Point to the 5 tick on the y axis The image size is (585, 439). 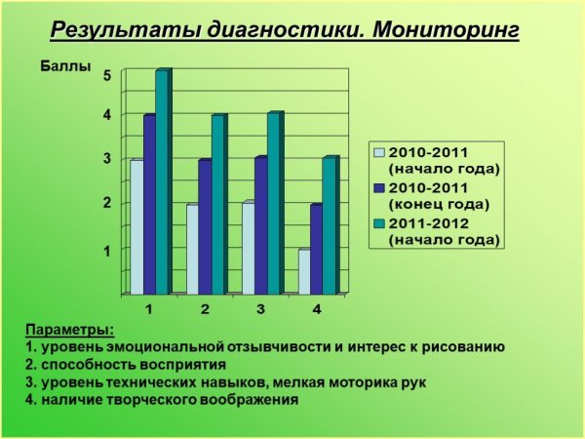pos(107,74)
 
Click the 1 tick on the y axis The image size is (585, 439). pos(107,250)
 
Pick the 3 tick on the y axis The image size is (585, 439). pos(107,158)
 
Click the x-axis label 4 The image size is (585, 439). pos(317,309)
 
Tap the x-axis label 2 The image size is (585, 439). pos(205,309)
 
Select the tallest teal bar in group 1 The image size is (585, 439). pos(162,181)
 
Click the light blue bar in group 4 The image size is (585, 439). pos(304,271)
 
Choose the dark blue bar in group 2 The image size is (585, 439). pos(205,226)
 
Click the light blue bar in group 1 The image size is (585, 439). pos(136,226)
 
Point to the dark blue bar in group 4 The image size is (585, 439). pos(317,249)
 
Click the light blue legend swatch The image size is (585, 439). pos(379,153)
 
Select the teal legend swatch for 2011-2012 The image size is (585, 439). pos(379,223)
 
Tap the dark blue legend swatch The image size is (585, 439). pos(379,188)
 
